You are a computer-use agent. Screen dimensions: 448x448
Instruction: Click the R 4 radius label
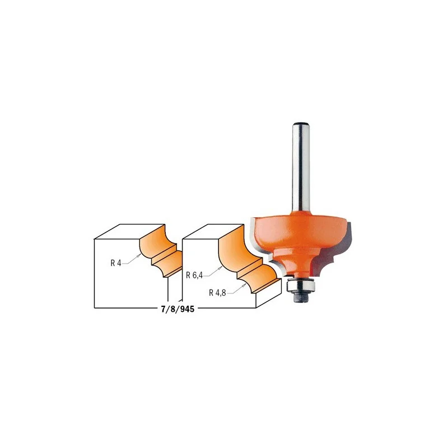click(116, 263)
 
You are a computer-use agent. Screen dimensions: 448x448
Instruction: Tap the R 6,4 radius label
click(194, 276)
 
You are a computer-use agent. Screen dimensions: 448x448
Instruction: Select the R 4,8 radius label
click(217, 292)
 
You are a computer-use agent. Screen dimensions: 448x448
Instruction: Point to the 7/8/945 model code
click(178, 309)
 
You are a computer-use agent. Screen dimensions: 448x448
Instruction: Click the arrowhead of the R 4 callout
click(139, 256)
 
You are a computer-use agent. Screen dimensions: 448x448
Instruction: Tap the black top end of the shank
click(301, 124)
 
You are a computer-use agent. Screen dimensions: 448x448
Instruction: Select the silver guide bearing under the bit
click(301, 286)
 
